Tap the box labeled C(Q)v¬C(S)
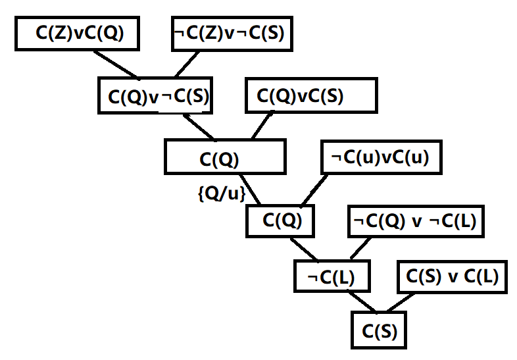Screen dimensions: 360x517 (158, 96)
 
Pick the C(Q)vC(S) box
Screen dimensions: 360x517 (310, 96)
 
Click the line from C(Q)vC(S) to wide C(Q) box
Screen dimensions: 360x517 (262, 126)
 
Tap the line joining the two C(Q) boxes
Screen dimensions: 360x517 (251, 190)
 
